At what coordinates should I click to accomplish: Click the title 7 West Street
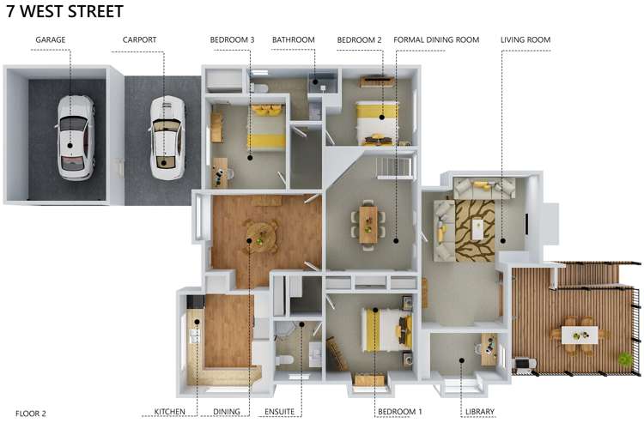(x=64, y=12)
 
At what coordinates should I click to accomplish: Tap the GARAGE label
(x=51, y=39)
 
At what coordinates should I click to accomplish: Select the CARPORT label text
(x=140, y=39)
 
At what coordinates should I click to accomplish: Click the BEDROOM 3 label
(x=232, y=39)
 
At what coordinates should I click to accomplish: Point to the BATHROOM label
(x=293, y=39)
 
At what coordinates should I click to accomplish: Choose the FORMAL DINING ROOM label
(x=435, y=39)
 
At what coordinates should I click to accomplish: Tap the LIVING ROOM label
(x=526, y=39)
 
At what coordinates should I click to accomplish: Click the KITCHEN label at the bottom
(x=169, y=413)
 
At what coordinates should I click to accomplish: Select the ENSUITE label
(x=278, y=413)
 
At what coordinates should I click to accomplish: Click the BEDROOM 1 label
(x=399, y=413)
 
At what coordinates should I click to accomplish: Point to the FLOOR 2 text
(x=31, y=414)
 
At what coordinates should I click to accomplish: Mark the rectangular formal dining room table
(x=368, y=220)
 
